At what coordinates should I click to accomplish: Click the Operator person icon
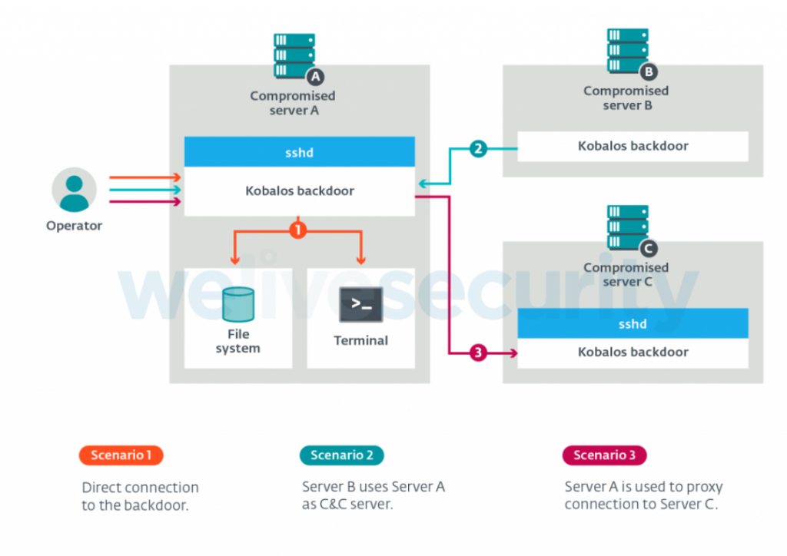point(75,190)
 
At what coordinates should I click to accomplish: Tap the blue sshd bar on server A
point(299,152)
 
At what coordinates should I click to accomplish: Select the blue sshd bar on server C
point(633,323)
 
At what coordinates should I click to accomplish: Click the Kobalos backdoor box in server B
point(633,147)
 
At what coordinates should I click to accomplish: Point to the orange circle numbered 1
point(298,230)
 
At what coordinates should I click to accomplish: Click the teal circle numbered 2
point(478,148)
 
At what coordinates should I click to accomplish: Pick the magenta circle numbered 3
point(478,352)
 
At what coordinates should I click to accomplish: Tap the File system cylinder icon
point(238,304)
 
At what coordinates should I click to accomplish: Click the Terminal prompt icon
point(361,304)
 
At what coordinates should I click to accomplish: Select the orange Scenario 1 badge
point(121,455)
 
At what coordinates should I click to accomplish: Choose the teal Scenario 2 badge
point(342,455)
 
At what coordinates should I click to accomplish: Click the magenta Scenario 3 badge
point(604,455)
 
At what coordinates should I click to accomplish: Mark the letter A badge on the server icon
point(315,77)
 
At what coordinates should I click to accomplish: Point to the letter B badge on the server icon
point(649,71)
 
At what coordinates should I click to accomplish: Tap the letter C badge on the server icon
point(649,248)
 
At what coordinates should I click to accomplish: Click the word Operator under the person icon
point(75,226)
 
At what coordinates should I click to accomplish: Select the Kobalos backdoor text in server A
point(300,190)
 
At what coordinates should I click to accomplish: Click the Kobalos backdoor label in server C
point(633,352)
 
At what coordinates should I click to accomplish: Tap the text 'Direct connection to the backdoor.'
point(140,496)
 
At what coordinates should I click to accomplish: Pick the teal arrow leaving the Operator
point(145,190)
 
